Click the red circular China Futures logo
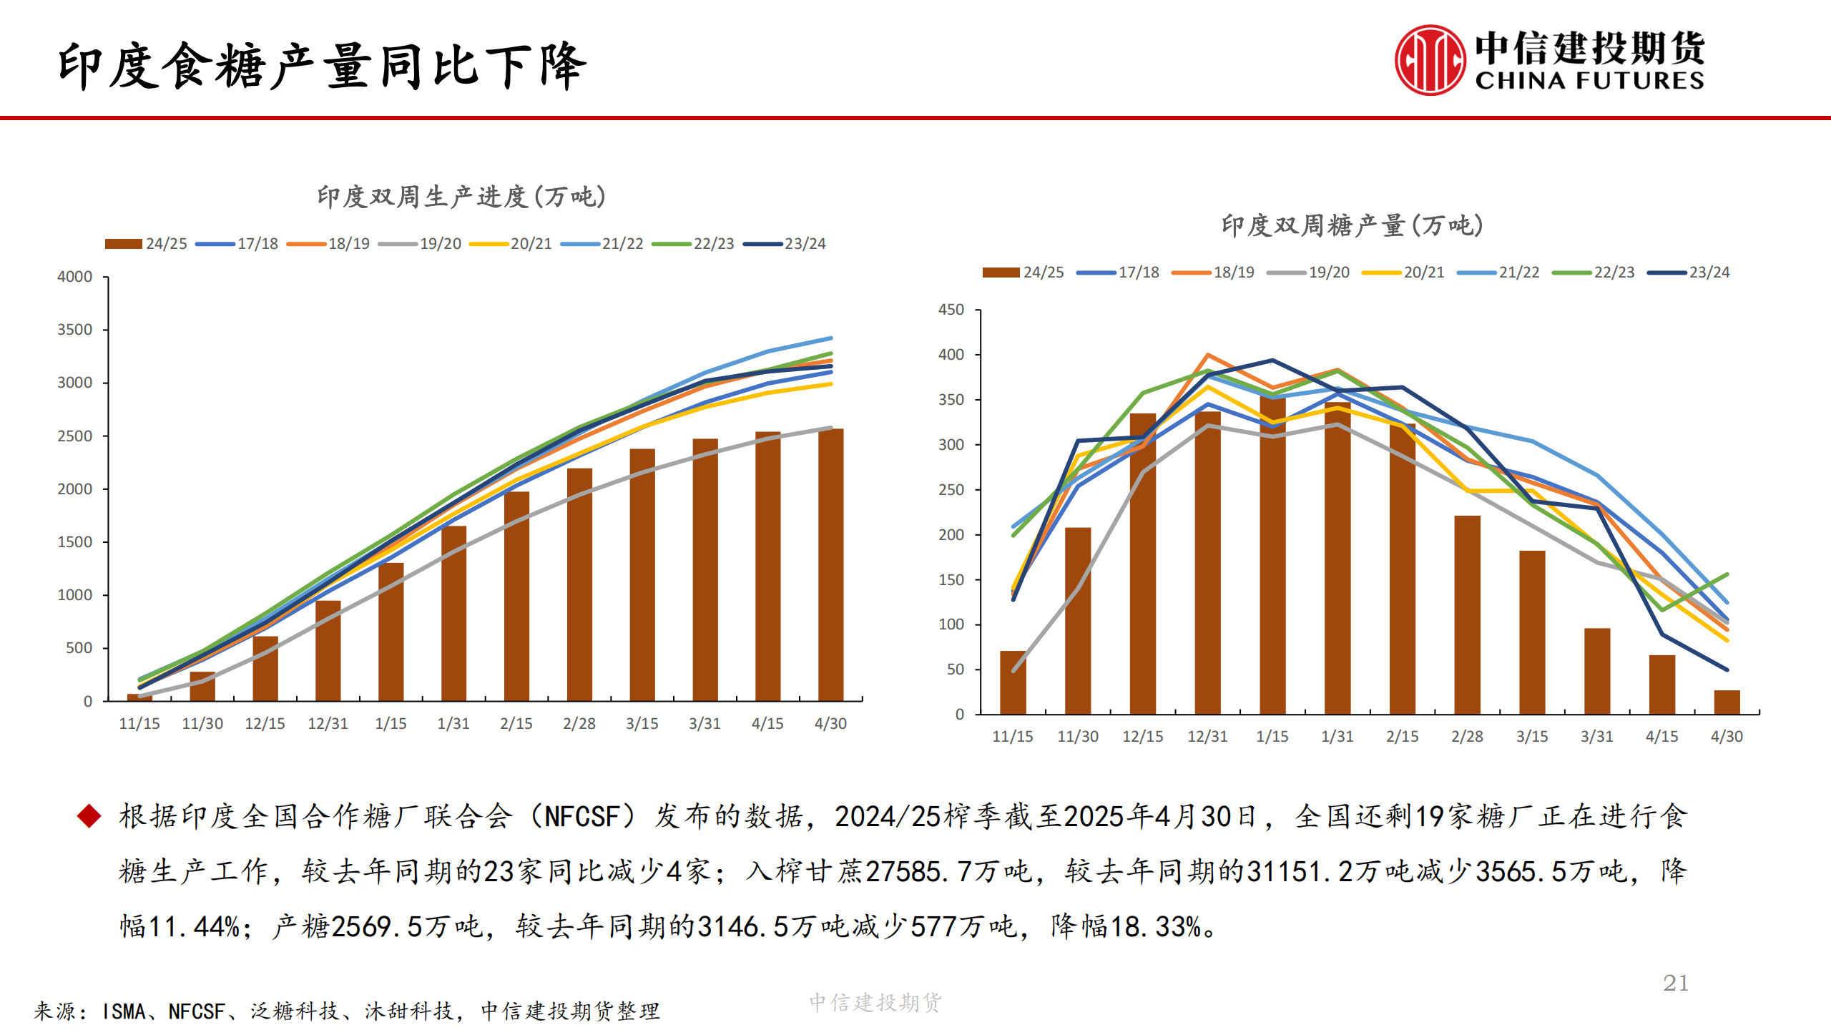tap(1430, 60)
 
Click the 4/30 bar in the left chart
tap(830, 565)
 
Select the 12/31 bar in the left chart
tap(328, 651)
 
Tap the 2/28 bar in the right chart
tap(1467, 615)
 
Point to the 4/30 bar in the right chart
tap(1727, 702)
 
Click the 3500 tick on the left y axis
tap(75, 330)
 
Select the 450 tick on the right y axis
tap(951, 310)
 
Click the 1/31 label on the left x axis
tap(453, 724)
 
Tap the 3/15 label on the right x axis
tap(1532, 737)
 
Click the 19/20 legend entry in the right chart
tap(1309, 273)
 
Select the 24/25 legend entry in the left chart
tap(147, 244)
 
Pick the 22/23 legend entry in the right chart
tap(1594, 273)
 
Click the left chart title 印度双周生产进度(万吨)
tap(461, 197)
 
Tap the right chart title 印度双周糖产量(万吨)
tap(1352, 225)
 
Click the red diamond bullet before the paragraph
tap(89, 816)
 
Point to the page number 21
tap(1676, 984)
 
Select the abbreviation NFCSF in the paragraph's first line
tap(582, 817)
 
